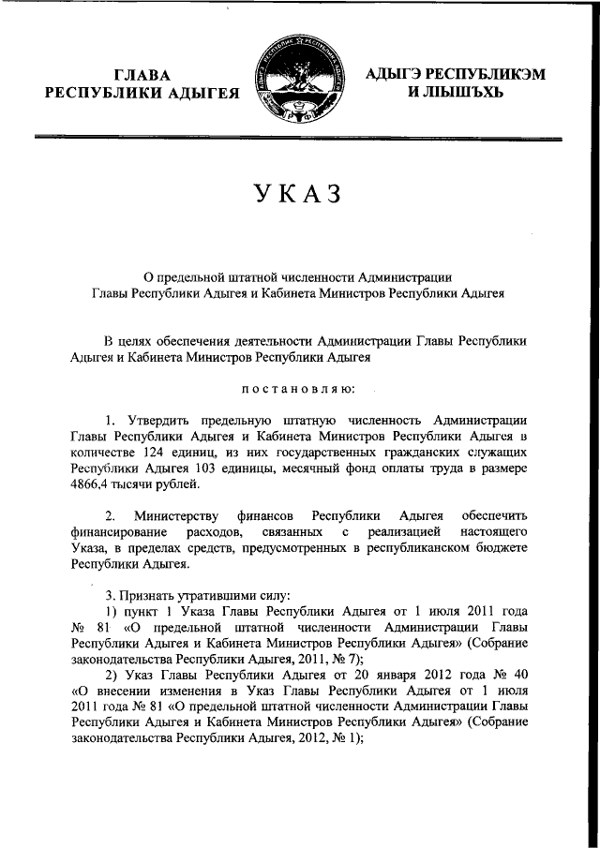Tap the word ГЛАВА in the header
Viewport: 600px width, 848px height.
(142, 74)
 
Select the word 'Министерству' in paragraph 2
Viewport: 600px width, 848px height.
(176, 516)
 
